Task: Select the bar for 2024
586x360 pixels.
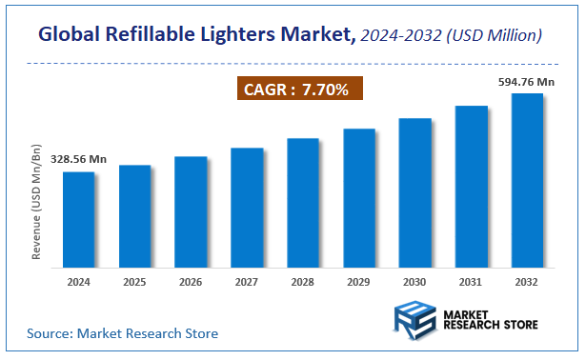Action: click(78, 219)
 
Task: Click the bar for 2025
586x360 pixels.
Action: click(134, 216)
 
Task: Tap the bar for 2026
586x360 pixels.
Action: click(191, 211)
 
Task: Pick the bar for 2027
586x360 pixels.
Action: click(247, 208)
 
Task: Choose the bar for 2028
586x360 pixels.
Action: click(303, 203)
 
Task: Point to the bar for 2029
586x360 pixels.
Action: click(359, 197)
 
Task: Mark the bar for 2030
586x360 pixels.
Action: click(415, 192)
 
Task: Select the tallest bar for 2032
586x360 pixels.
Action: click(527, 180)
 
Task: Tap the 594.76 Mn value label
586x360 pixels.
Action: click(527, 83)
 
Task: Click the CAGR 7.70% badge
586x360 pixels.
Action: click(298, 90)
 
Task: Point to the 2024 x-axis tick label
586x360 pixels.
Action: click(78, 283)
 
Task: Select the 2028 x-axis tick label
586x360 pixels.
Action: click(303, 283)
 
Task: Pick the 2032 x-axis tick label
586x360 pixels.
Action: click(527, 283)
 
